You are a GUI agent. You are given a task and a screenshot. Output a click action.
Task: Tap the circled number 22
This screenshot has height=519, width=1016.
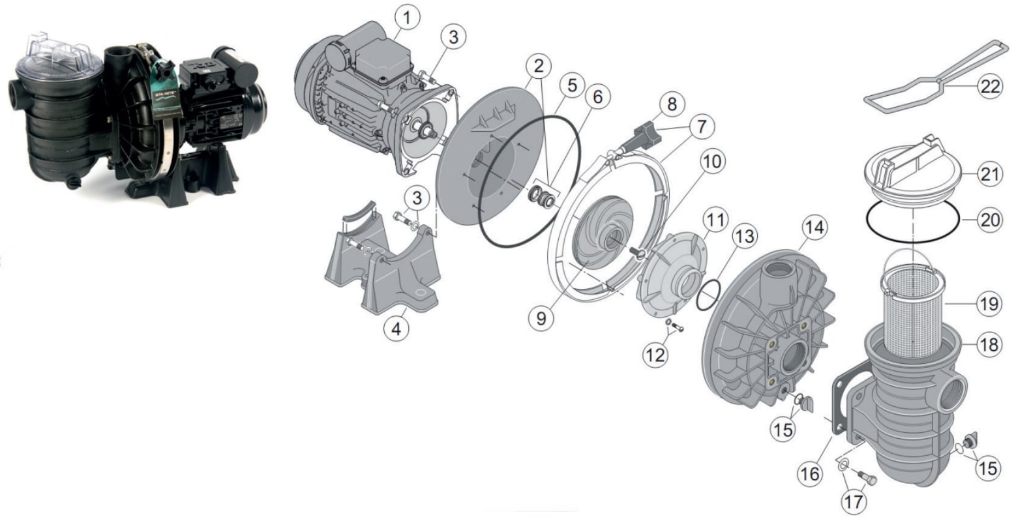point(990,87)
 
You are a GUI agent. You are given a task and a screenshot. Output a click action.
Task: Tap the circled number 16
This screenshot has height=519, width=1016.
point(810,473)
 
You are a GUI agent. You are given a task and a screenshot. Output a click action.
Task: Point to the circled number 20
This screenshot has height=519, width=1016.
point(990,220)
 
